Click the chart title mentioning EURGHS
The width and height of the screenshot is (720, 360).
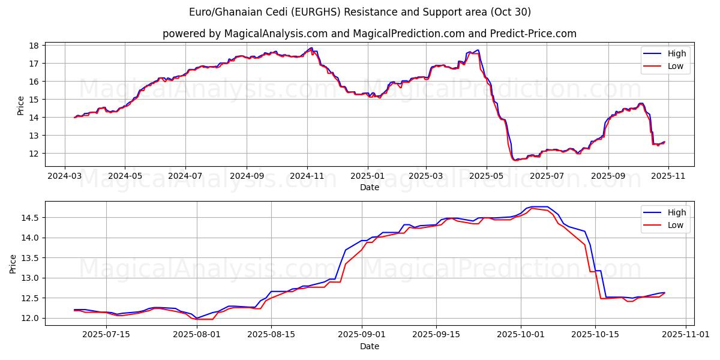pos(360,12)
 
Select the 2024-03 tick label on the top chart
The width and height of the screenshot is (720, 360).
pos(64,177)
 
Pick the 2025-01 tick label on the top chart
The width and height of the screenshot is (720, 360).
pos(367,177)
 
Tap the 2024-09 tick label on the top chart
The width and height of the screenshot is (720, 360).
pos(247,177)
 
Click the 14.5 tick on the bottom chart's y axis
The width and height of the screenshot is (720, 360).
pos(30,218)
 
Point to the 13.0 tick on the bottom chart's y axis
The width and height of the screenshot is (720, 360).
pos(30,278)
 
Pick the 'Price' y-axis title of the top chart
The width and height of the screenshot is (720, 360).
pos(21,106)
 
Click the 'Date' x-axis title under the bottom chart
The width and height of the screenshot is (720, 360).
pos(370,346)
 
